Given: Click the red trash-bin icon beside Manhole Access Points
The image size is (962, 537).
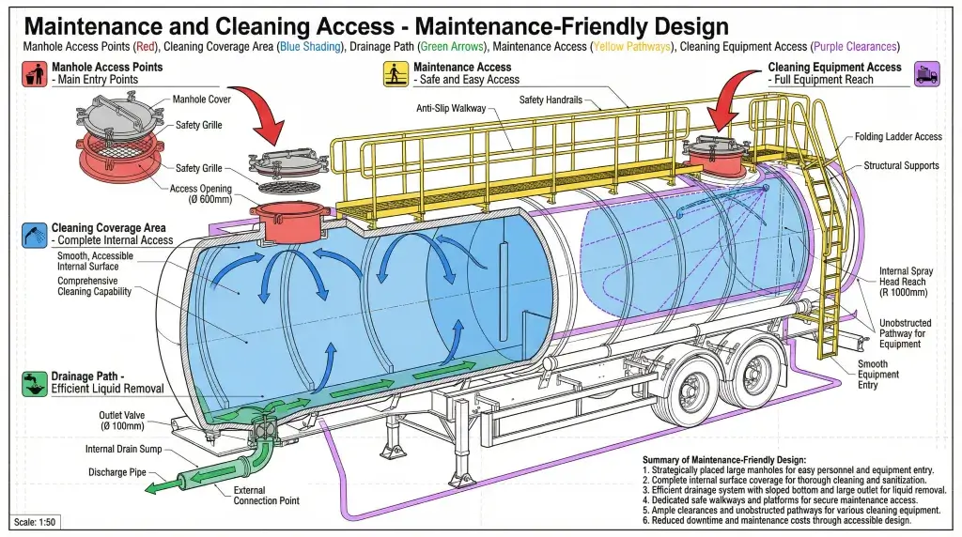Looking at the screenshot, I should tap(35, 73).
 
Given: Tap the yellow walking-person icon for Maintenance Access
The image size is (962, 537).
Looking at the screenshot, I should tap(396, 73).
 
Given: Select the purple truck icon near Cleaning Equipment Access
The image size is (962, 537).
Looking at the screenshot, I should tap(927, 73).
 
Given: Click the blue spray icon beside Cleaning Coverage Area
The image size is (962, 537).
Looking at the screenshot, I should tap(35, 234).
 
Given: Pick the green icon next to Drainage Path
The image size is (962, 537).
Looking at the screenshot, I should tap(35, 383).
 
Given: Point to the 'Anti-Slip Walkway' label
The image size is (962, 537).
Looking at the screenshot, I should tap(451, 109).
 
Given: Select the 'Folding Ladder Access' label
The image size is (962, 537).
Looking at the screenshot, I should tap(898, 137).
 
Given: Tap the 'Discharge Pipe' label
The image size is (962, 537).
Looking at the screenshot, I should tap(117, 472).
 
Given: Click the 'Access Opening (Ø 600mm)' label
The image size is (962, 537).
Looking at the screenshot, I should tap(196, 194).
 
